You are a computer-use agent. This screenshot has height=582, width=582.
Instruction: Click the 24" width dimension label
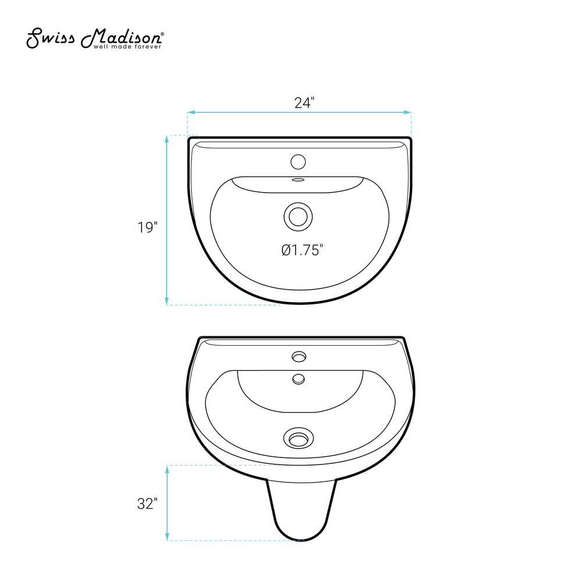click(304, 103)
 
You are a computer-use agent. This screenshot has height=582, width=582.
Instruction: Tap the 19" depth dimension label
click(147, 227)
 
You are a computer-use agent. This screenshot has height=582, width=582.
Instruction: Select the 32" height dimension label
click(147, 503)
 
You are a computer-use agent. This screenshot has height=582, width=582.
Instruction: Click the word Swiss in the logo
click(51, 38)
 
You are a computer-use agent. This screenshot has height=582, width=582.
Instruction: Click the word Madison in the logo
click(122, 38)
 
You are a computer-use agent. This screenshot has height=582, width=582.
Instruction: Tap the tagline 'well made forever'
click(127, 47)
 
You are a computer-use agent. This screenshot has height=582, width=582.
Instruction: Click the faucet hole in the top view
click(298, 162)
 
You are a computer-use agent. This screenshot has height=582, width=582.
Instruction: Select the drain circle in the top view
click(298, 217)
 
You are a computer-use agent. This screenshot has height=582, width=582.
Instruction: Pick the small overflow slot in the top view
click(298, 180)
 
